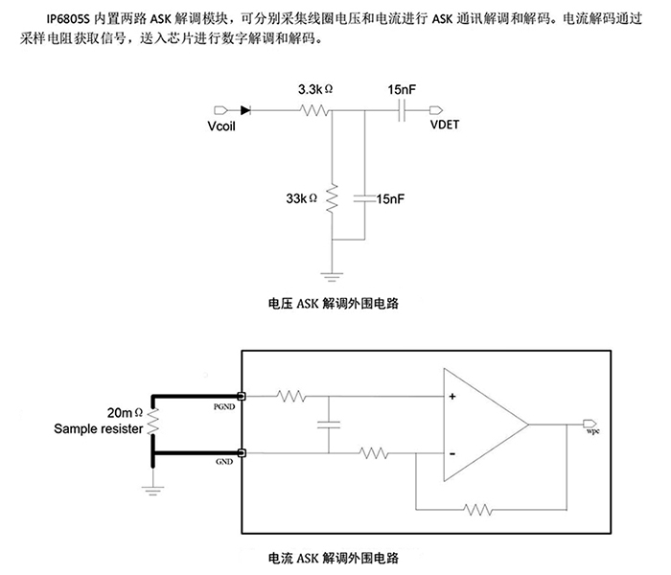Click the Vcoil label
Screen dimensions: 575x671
pos(221,126)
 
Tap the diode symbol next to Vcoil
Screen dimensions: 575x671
pos(246,110)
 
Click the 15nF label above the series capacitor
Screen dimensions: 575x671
pos(402,89)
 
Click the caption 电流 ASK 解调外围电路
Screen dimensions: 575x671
pos(334,557)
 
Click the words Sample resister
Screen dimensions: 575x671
pos(100,429)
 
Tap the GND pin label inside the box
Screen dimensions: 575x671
pos(227,461)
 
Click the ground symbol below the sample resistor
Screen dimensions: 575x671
pos(151,491)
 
